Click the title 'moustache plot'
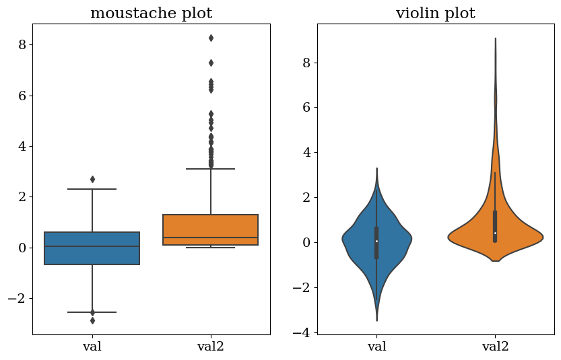coord(151,13)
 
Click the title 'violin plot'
coord(435,13)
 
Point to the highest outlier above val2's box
coord(211,38)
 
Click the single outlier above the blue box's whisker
coord(92,179)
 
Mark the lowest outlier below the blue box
coord(92,320)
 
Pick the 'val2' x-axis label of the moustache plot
coord(211,347)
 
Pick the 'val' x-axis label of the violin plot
coord(376,347)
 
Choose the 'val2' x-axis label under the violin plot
coord(495,347)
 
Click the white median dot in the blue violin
coord(376,241)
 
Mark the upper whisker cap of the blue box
coord(92,189)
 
